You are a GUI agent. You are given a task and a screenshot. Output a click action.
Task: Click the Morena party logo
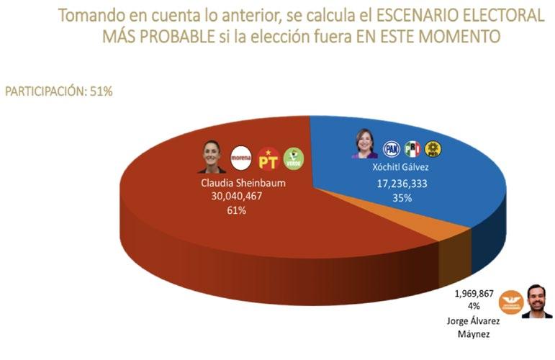click(x=241, y=158)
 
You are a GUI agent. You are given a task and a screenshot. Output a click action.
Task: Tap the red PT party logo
click(x=268, y=159)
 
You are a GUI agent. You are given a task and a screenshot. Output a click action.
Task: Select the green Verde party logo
click(x=294, y=159)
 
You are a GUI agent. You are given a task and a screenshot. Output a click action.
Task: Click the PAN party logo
click(x=392, y=149)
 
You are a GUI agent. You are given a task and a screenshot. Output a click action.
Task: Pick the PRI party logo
click(x=412, y=148)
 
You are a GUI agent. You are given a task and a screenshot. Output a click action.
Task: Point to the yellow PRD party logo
click(x=433, y=149)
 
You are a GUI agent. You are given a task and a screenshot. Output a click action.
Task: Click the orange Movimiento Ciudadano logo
click(x=511, y=302)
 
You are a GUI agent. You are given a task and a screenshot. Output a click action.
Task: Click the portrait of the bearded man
click(x=536, y=302)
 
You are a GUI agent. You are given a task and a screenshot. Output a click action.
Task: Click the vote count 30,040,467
click(x=236, y=196)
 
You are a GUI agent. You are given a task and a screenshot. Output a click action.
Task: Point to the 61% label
click(x=236, y=211)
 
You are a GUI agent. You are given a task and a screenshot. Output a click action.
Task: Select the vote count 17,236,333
click(x=402, y=184)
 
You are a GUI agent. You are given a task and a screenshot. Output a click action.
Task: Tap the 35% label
click(x=402, y=198)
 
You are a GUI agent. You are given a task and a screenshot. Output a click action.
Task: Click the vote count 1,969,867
click(x=474, y=294)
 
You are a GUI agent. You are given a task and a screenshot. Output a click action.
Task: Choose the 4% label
click(x=474, y=305)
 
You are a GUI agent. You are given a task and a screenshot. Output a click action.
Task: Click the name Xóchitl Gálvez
click(x=400, y=167)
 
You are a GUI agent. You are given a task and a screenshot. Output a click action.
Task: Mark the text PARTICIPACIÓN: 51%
click(x=59, y=91)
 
